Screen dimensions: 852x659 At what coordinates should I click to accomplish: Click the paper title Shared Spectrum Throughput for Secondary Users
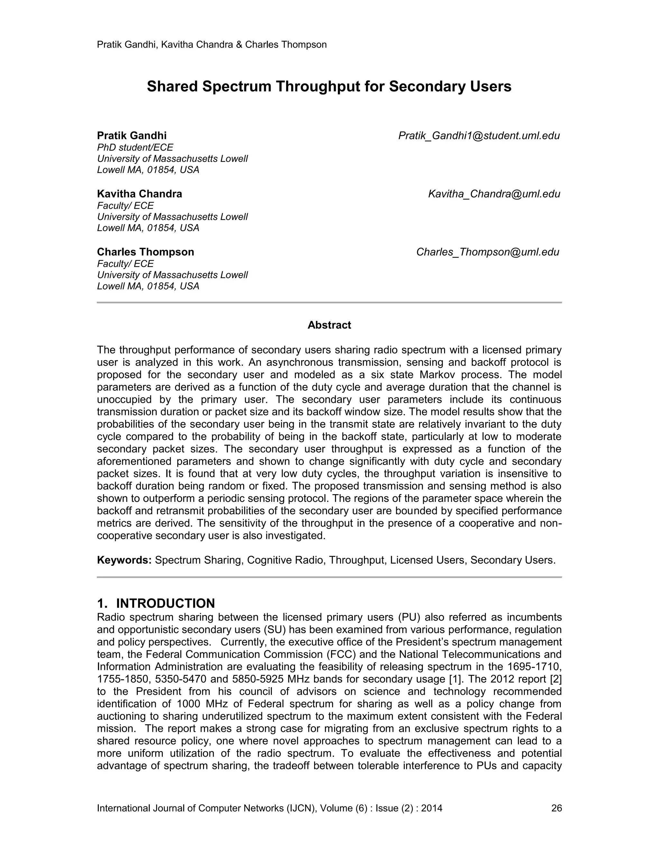pyautogui.click(x=329, y=86)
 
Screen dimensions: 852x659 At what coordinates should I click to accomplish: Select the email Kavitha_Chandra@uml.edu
pyautogui.click(x=494, y=194)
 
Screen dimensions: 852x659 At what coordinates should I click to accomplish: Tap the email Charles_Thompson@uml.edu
pyautogui.click(x=487, y=252)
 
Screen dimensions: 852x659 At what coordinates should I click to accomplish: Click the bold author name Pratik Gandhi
pyautogui.click(x=132, y=136)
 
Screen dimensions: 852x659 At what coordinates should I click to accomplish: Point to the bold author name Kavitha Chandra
pyautogui.click(x=139, y=194)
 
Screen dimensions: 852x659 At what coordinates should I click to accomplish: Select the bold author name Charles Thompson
pyautogui.click(x=145, y=252)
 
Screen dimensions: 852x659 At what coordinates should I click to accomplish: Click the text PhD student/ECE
pyautogui.click(x=135, y=148)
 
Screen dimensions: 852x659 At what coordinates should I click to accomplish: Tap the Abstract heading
pyautogui.click(x=329, y=325)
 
